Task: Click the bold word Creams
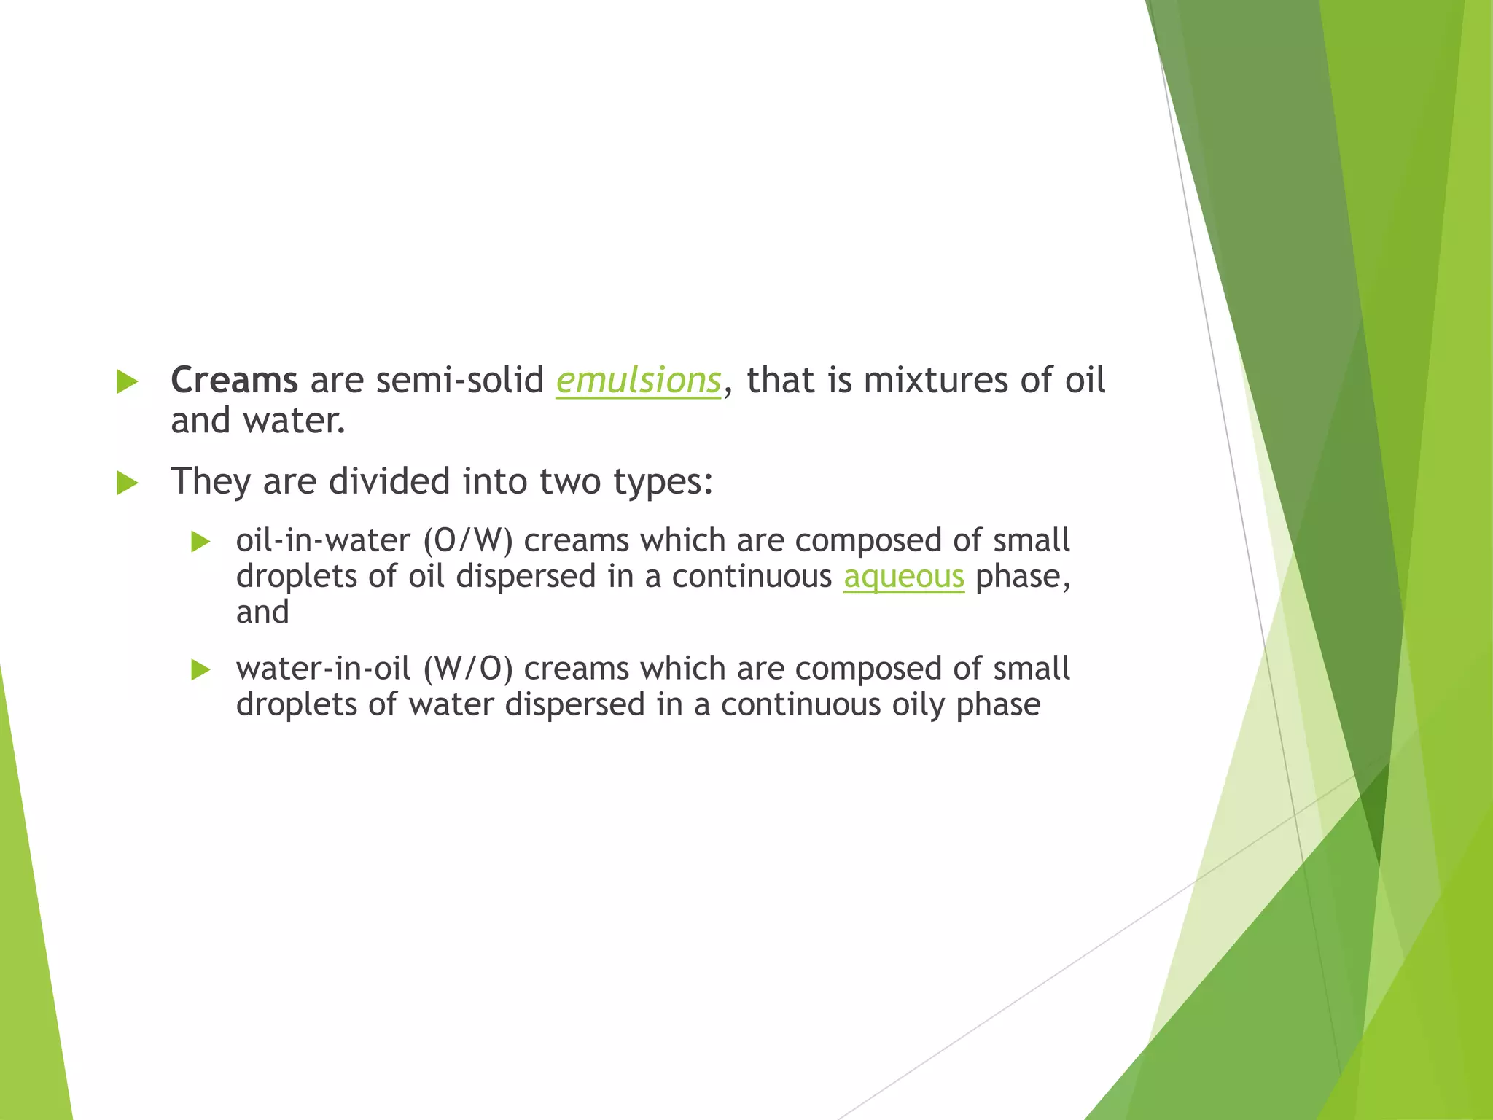(234, 381)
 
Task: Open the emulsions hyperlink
(638, 381)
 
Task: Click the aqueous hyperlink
(903, 577)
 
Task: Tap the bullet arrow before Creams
(127, 381)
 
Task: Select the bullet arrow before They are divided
(127, 483)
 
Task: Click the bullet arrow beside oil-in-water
(200, 542)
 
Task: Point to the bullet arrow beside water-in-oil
(200, 669)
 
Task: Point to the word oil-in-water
(323, 541)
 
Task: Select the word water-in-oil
(323, 669)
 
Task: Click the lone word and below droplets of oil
(262, 612)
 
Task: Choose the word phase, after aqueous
(1023, 577)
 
